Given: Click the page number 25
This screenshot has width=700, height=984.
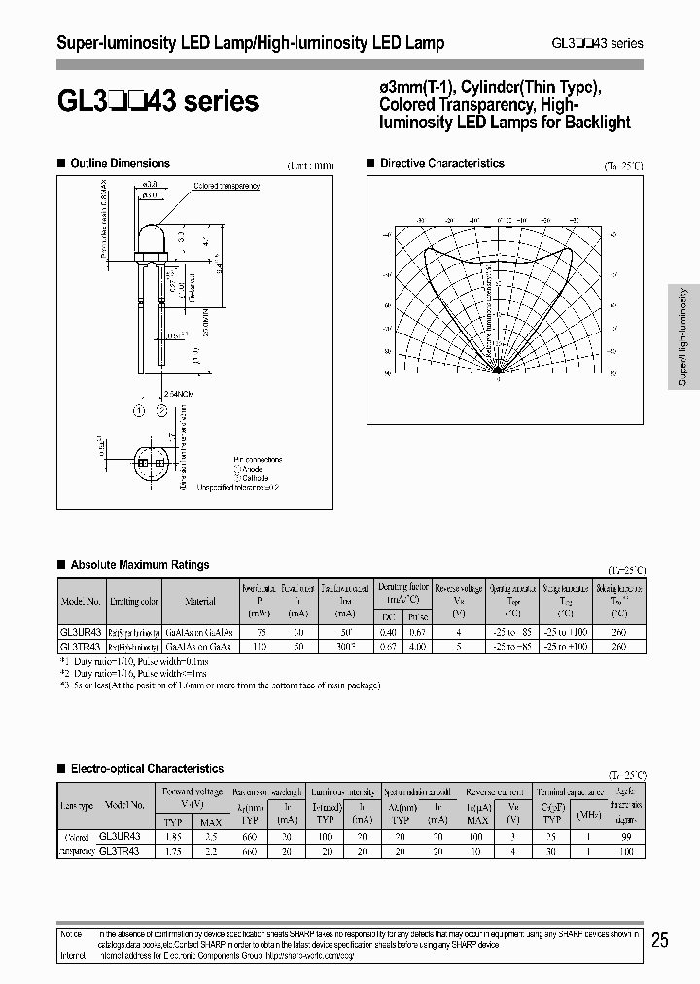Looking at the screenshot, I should point(659,939).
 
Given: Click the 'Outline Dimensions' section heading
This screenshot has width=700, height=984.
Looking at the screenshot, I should point(120,164).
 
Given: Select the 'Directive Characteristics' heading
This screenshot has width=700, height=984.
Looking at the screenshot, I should point(441,164).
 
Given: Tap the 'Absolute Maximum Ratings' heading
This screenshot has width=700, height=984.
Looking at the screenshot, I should point(139,565).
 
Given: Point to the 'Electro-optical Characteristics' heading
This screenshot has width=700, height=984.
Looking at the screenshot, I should point(146,769).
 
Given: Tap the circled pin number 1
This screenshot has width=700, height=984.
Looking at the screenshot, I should point(138,410).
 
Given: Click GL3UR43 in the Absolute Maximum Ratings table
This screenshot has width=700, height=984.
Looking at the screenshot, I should point(80,630).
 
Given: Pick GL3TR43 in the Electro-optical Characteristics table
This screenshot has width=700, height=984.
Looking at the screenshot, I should point(120,850).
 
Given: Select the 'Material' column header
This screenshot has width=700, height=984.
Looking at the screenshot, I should point(200,601).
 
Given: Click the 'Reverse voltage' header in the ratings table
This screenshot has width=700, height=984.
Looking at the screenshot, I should point(459,588).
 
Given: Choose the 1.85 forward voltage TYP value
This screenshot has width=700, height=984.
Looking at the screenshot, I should point(174,836).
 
